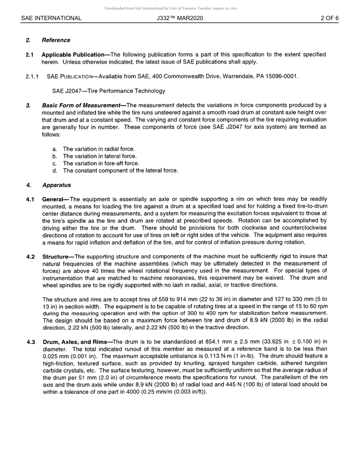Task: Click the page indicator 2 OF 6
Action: pyautogui.click(x=329, y=18)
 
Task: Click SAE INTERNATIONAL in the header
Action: pyautogui.click(x=51, y=18)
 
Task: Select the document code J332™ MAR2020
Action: pyautogui.click(x=180, y=18)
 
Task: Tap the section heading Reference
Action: pyautogui.click(x=56, y=40)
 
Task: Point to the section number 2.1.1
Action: pyautogui.click(x=32, y=77)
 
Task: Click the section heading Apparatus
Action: pyautogui.click(x=56, y=185)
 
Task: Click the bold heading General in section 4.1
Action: pyautogui.click(x=53, y=199)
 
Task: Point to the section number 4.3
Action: pyautogui.click(x=31, y=342)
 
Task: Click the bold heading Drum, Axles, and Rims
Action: pyautogui.click(x=75, y=342)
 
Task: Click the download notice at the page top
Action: pyautogui.click(x=171, y=8)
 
